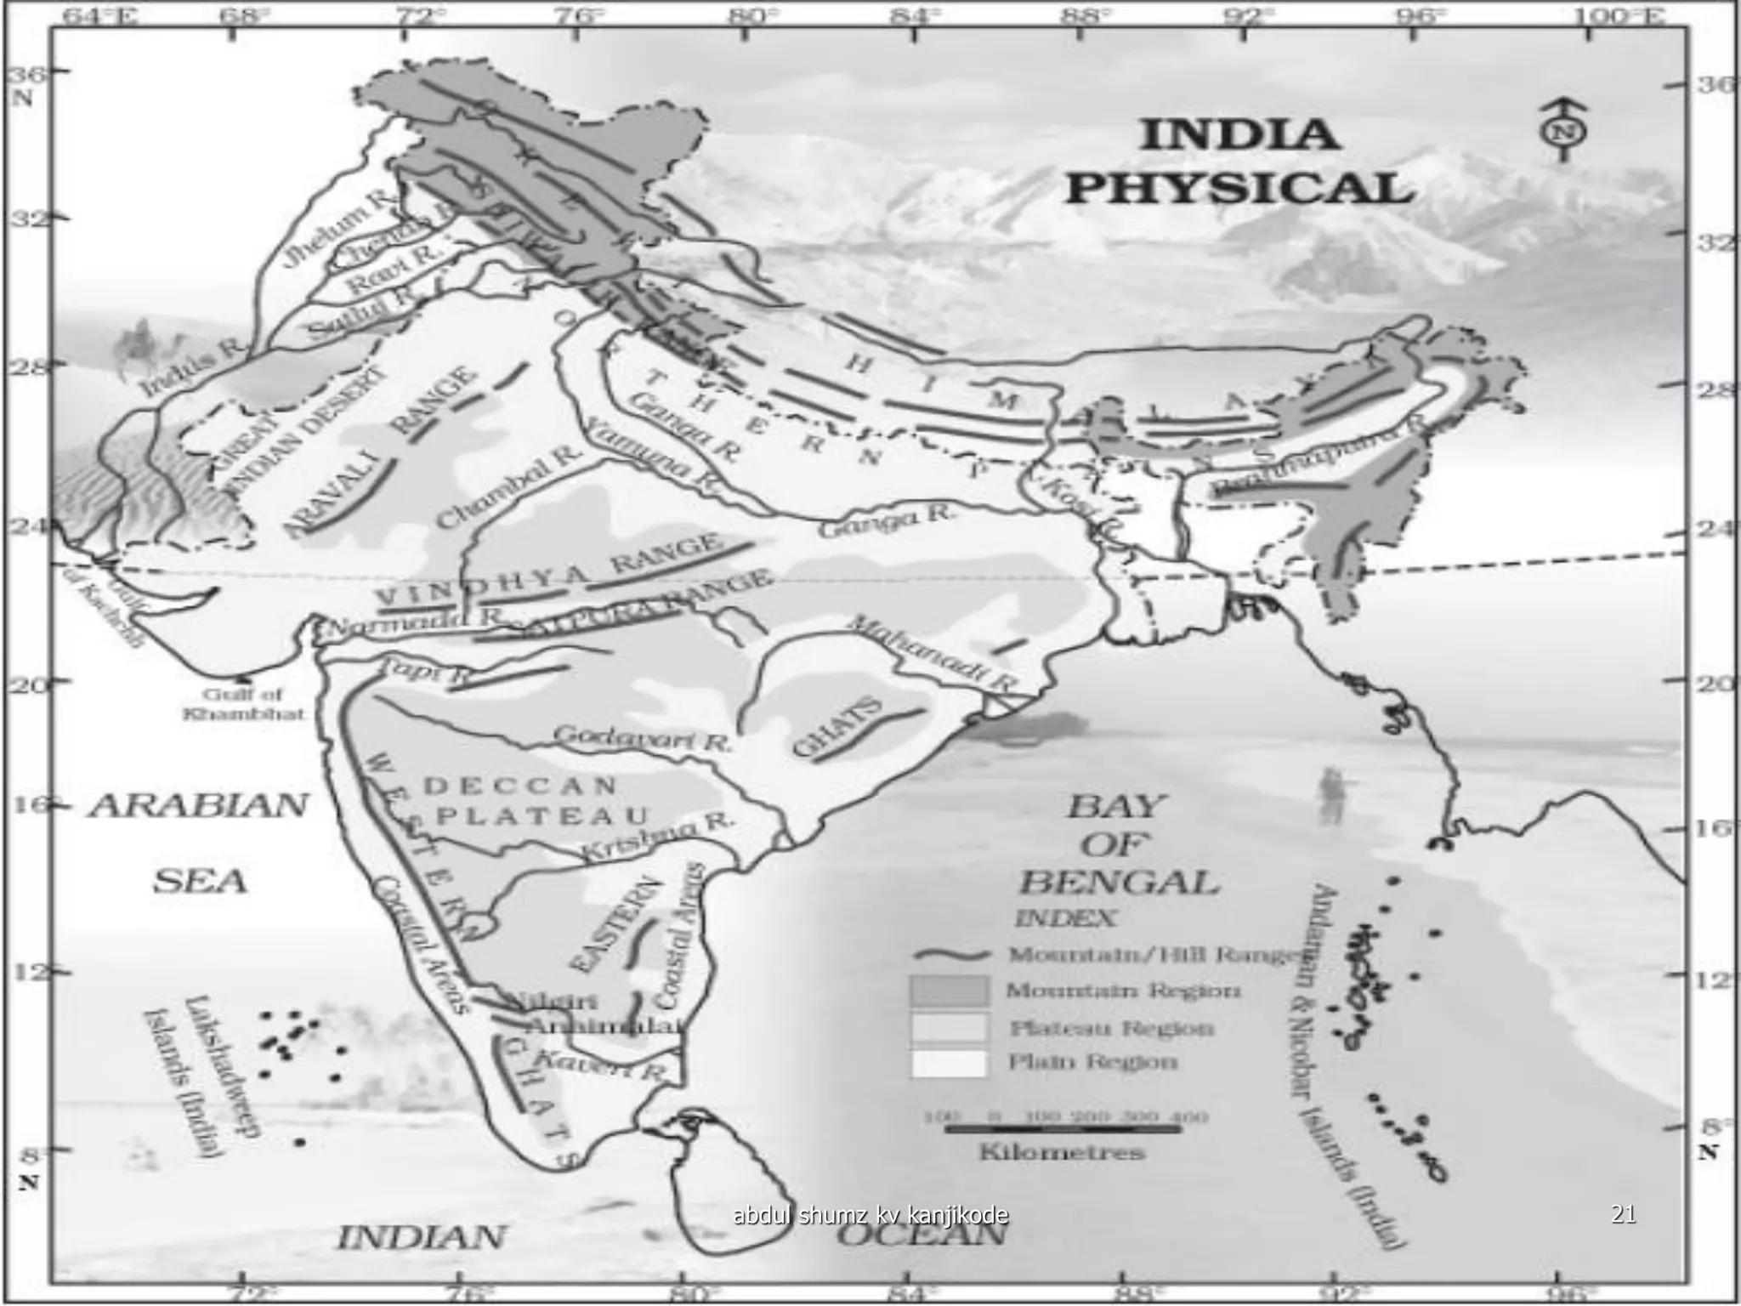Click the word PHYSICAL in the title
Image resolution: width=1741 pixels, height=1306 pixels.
tap(1239, 188)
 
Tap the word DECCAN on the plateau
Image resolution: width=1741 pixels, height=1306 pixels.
tap(519, 786)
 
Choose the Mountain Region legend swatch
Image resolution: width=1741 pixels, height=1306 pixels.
tap(949, 991)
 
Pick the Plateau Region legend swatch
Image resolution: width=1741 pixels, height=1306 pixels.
tap(949, 1027)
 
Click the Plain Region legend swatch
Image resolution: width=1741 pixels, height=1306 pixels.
tap(949, 1063)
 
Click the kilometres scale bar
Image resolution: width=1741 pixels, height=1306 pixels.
tap(1063, 1129)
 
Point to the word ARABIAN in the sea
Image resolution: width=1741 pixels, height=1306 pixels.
tap(199, 805)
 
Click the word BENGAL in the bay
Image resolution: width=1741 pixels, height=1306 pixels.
tap(1119, 883)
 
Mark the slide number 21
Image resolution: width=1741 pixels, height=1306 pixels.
tap(1623, 1214)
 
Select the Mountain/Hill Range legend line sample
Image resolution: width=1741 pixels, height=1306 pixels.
tap(955, 954)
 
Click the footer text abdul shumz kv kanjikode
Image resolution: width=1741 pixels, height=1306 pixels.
tap(870, 1215)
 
